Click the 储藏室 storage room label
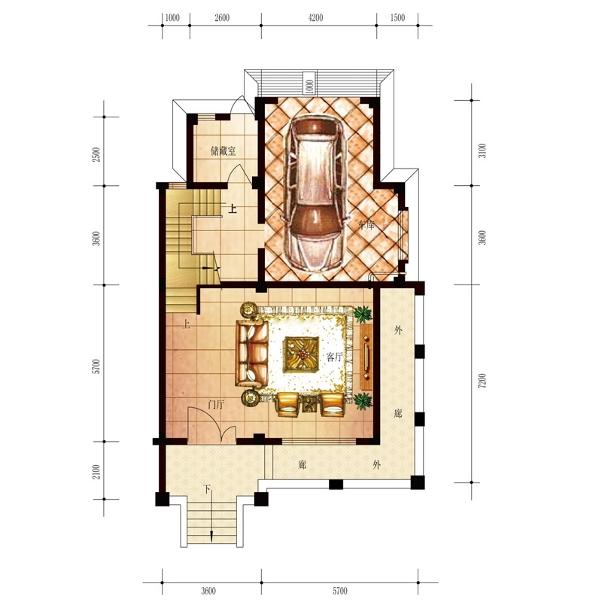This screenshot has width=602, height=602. tap(223, 151)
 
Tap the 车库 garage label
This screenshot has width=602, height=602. tap(366, 225)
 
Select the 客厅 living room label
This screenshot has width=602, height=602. tap(334, 357)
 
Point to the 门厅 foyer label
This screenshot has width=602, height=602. tap(216, 404)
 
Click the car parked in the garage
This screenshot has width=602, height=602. tap(315, 193)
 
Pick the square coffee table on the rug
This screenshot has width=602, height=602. tap(302, 354)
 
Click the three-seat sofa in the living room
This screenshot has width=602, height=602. tap(252, 353)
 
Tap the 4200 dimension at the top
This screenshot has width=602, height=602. tap(315, 17)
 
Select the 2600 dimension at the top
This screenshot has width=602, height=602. tap(222, 17)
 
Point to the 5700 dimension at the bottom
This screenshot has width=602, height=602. tap(340, 590)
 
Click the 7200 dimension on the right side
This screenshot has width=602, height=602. tap(482, 382)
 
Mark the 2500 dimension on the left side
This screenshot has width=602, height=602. tap(96, 154)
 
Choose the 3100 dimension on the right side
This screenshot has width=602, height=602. tap(482, 150)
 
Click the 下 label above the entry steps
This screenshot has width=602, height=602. tap(207, 489)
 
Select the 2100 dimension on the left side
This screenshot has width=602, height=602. tap(96, 472)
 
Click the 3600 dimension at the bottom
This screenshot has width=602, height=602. tap(208, 590)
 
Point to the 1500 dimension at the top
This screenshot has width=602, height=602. tap(397, 17)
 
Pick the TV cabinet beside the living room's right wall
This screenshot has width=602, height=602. tap(366, 357)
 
